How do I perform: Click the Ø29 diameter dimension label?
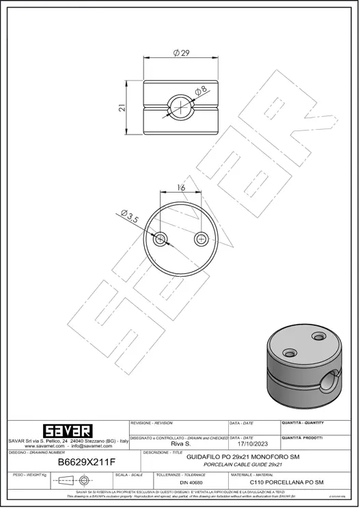coord(182,53)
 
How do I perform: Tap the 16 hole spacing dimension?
coord(181,187)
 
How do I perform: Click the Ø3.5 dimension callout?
coord(130,217)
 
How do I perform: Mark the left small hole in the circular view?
coord(161,238)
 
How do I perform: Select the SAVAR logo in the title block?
coord(67,431)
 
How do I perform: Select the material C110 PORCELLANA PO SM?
coord(286,482)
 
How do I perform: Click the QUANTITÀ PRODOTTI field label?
coord(303,437)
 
